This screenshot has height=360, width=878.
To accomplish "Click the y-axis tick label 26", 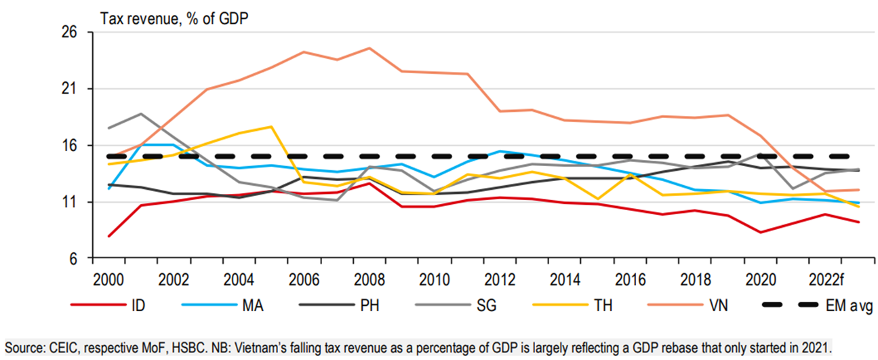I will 70,33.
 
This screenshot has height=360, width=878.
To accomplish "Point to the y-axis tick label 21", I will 70,89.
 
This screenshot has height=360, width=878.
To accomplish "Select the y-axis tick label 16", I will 70,146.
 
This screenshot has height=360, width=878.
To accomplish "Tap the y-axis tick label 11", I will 70,202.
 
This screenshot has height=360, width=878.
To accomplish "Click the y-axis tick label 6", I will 73,259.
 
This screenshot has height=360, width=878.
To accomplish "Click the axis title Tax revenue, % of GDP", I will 174,18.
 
